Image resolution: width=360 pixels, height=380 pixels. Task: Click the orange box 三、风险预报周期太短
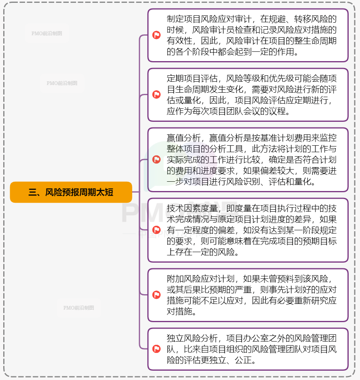tap(71, 192)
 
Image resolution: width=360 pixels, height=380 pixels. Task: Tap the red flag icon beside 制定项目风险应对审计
tap(157, 35)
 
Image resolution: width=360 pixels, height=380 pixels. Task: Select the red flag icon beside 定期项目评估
tap(157, 95)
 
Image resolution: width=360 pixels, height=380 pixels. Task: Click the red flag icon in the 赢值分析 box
tap(157, 159)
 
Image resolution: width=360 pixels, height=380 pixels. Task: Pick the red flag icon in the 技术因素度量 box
tap(157, 230)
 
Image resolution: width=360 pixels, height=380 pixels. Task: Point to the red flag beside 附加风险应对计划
tap(157, 295)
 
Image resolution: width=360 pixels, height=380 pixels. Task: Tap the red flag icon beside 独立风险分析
tap(157, 349)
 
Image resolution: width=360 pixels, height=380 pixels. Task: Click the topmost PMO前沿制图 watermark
tap(47, 34)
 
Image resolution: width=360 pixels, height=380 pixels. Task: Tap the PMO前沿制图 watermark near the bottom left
tap(78, 308)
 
